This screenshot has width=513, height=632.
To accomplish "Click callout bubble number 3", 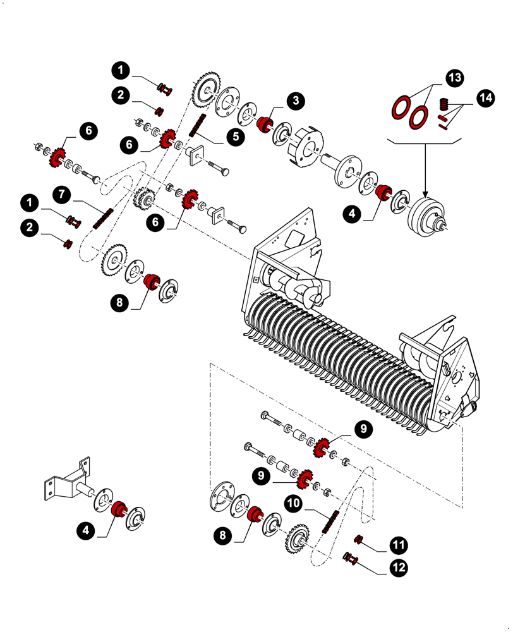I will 295,100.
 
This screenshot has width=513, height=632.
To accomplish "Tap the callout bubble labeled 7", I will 61,194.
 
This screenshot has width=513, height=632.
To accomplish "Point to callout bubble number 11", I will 399,544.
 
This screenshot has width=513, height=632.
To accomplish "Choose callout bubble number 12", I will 399,568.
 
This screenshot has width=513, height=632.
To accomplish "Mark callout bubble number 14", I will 485,99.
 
